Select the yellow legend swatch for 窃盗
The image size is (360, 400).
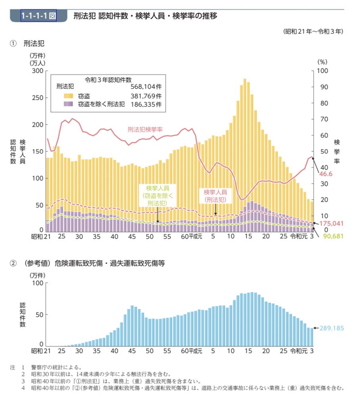(x=69, y=96)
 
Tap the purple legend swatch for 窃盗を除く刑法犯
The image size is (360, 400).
(x=69, y=104)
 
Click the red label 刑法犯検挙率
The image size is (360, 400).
(x=145, y=129)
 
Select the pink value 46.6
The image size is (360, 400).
(x=326, y=174)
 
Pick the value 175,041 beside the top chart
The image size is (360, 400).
(x=331, y=223)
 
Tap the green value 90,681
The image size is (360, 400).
(x=331, y=236)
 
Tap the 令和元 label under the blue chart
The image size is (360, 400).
(x=298, y=351)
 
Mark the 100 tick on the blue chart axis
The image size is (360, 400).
(x=38, y=283)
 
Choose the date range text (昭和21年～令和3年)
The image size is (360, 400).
(x=313, y=31)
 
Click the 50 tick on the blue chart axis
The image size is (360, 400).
(x=39, y=314)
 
